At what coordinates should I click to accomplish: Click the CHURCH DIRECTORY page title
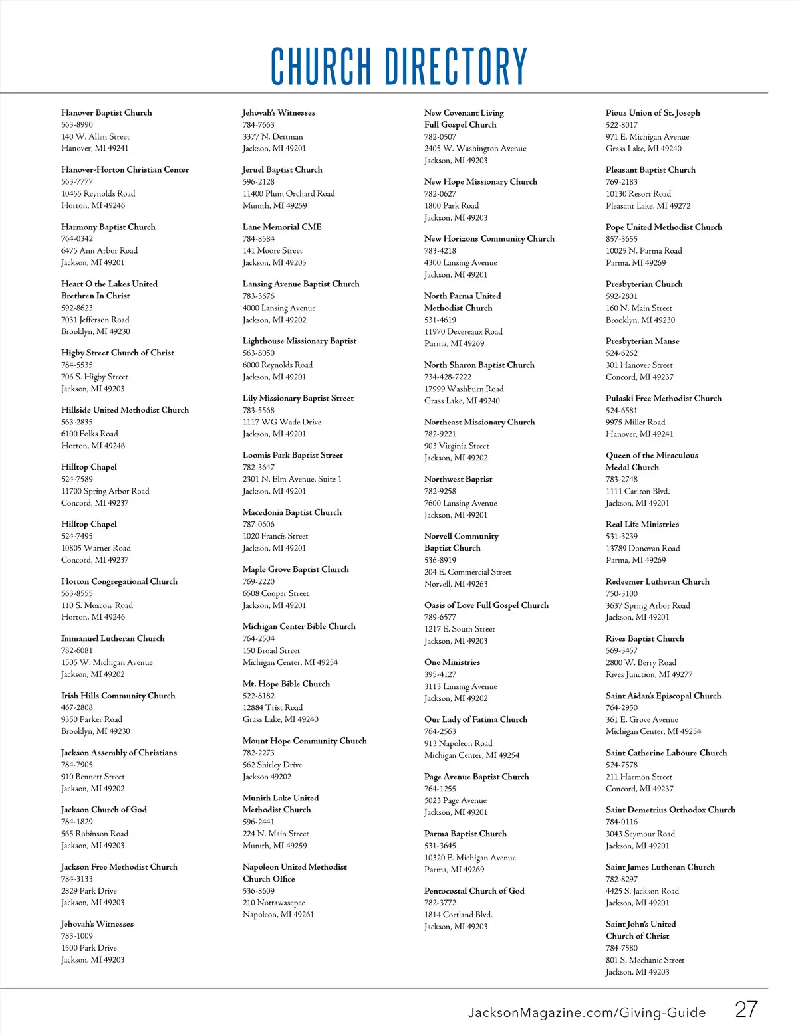399,66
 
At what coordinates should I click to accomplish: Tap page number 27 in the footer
745,1009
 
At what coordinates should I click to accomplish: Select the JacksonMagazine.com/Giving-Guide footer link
587,1012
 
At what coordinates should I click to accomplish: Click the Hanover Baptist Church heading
106,113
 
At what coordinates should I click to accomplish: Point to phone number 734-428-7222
448,377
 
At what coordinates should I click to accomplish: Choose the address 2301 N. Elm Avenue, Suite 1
292,479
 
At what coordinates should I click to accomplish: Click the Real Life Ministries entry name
642,524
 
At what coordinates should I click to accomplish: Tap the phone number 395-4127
440,674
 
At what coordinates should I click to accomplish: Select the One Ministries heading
452,662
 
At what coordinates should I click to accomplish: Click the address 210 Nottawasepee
273,903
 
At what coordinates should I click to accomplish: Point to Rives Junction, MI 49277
648,674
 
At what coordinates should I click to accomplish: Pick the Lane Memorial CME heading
282,227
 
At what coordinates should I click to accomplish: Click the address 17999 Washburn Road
464,389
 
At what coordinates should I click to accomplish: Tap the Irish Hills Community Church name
118,696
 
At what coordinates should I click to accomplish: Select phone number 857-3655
621,238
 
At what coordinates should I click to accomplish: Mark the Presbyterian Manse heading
642,341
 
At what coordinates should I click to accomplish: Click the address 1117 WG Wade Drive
281,422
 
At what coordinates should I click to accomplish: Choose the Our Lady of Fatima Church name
475,719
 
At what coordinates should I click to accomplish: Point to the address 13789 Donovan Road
642,548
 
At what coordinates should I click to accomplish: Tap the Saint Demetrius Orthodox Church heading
670,810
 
